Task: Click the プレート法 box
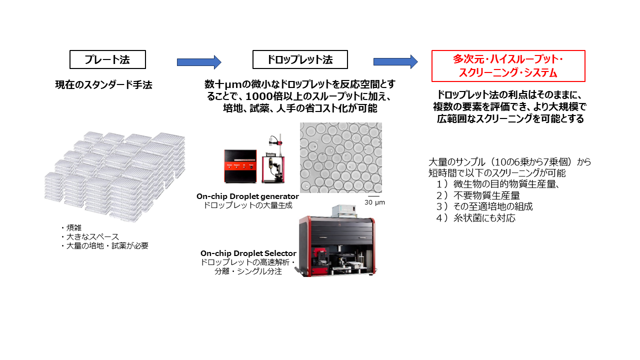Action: (107, 59)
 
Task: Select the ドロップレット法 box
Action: (300, 59)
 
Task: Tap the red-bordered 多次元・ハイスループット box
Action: (508, 66)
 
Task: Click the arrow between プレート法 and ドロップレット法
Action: (198, 62)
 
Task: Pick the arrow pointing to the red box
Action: (395, 62)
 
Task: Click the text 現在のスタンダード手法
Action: (103, 85)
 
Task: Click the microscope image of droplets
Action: (340, 157)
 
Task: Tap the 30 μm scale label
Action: (374, 202)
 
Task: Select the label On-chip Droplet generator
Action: (247, 196)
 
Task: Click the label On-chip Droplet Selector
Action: (248, 253)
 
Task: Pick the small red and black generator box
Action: (239, 166)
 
